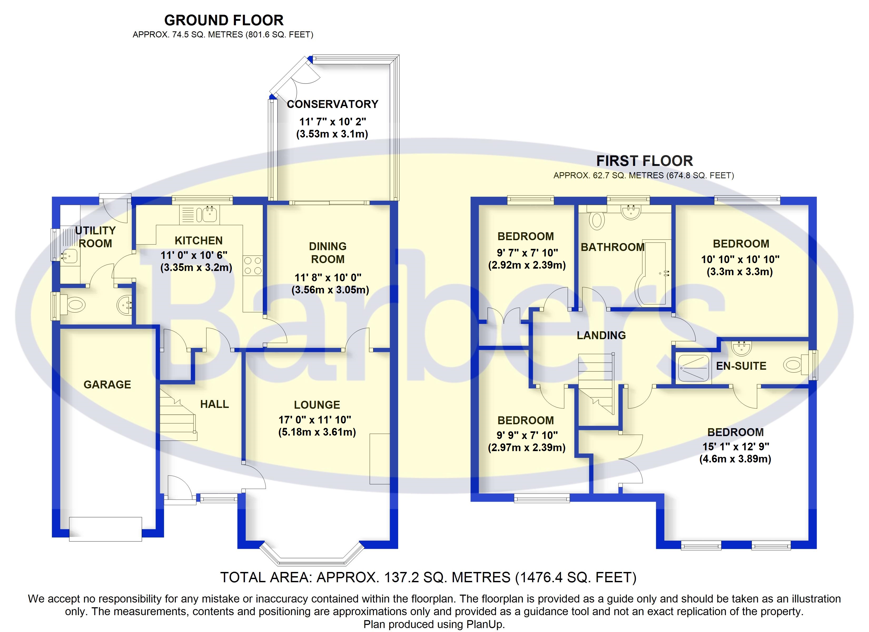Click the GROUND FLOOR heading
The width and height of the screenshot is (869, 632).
(224, 20)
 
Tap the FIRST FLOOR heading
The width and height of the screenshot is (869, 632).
(644, 161)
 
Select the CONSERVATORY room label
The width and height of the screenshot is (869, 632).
(332, 104)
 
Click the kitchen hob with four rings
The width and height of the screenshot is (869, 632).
(253, 266)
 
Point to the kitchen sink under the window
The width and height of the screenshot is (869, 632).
(209, 214)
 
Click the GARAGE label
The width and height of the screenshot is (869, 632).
(107, 384)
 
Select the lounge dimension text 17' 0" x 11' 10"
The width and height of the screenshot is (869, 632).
(315, 420)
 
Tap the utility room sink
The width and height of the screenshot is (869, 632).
(69, 256)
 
